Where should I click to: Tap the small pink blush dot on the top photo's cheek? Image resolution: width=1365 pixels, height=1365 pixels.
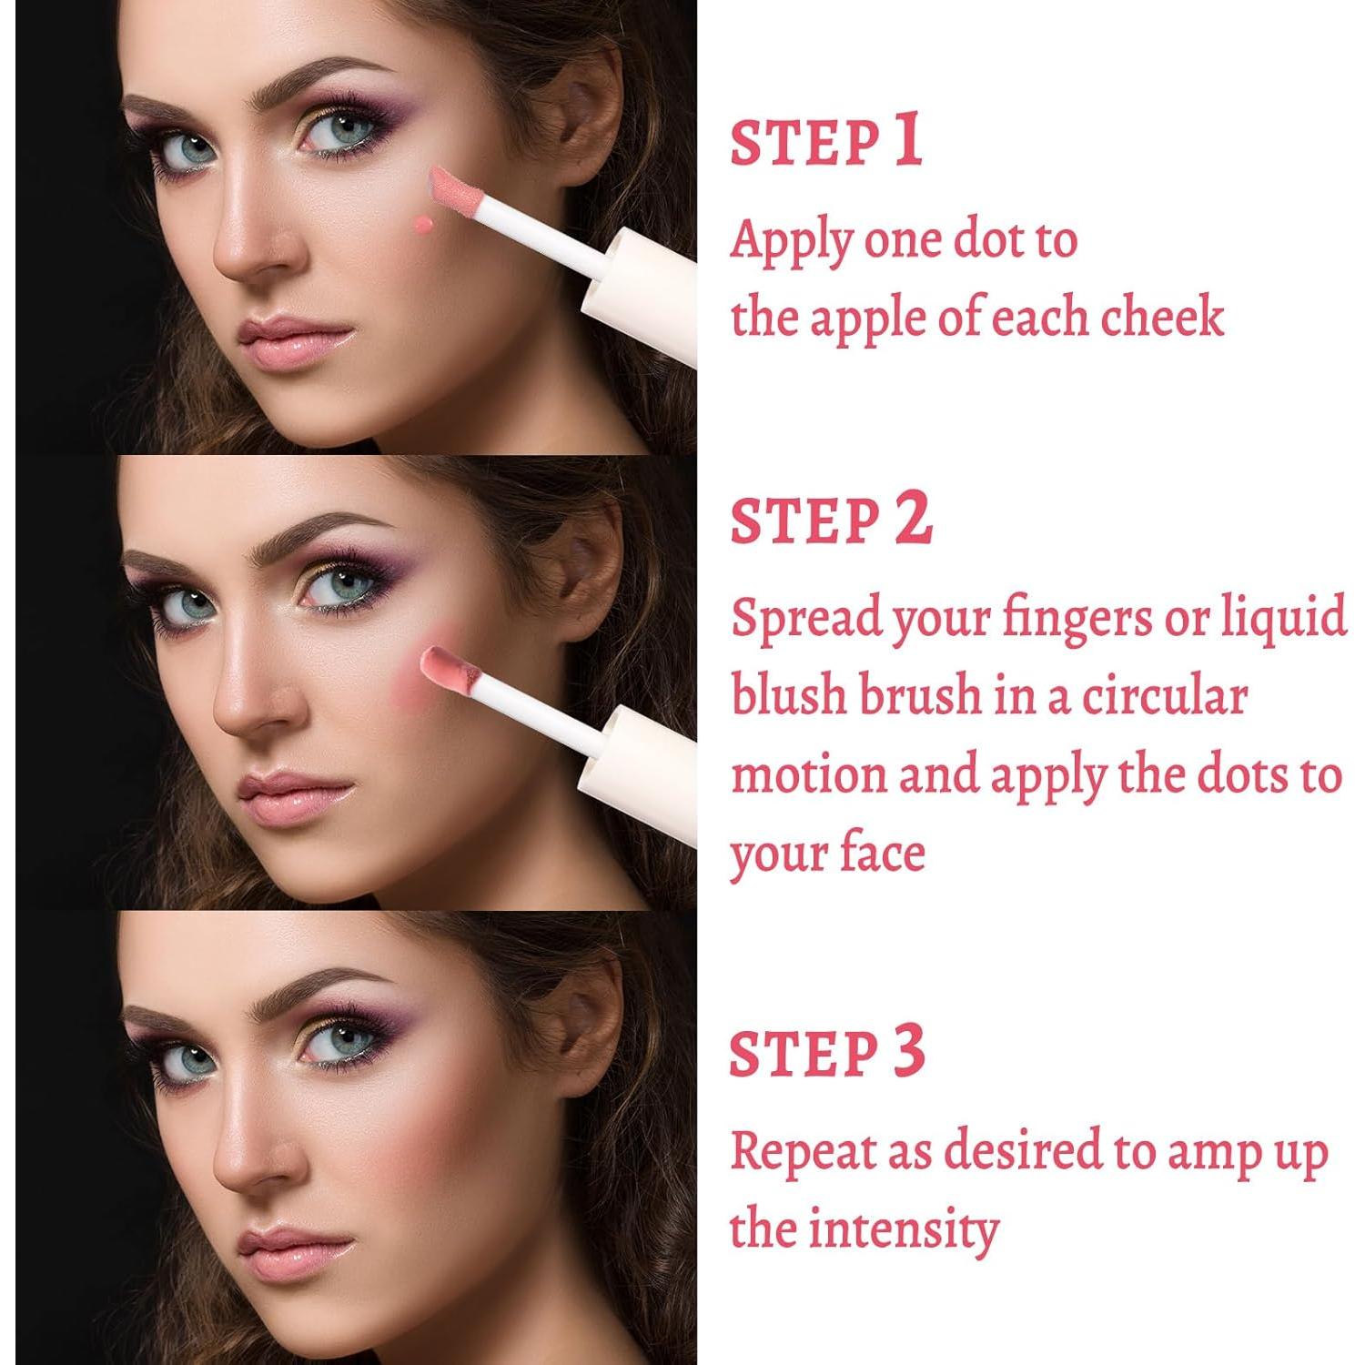(422, 223)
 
